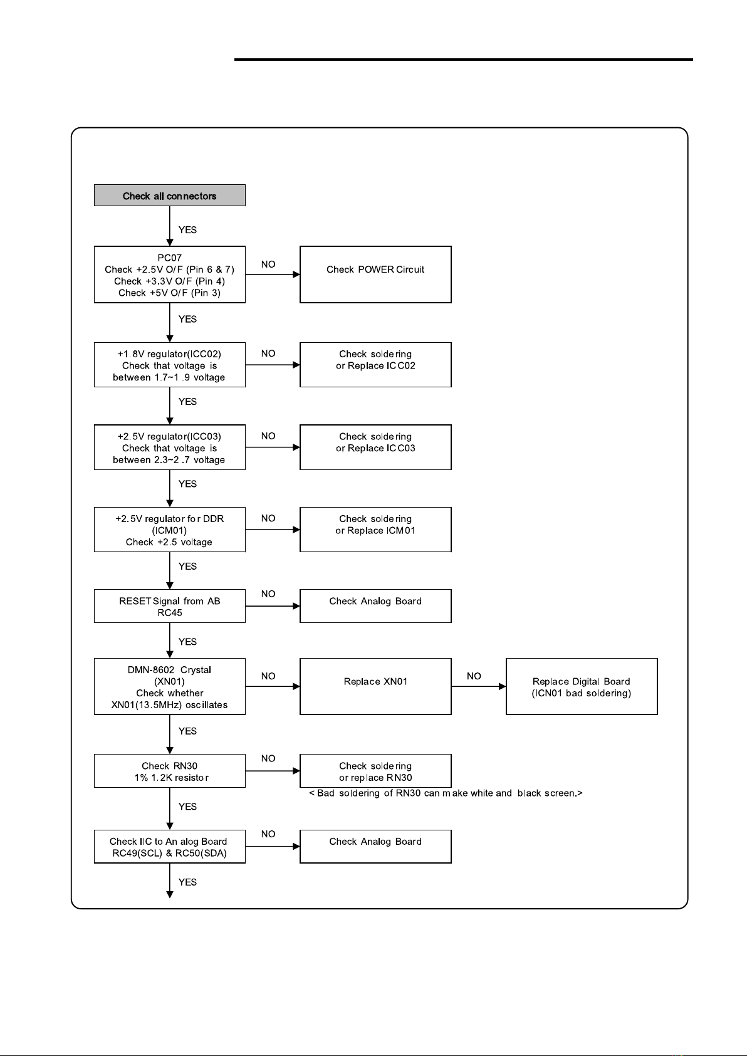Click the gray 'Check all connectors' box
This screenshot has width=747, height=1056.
(x=170, y=195)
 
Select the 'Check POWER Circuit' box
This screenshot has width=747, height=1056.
(x=375, y=274)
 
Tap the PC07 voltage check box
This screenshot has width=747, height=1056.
(x=170, y=274)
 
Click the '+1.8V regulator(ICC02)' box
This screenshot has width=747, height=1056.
(x=170, y=365)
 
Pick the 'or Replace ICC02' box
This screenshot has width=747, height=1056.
(x=375, y=365)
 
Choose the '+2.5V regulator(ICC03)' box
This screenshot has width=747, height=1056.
(x=170, y=447)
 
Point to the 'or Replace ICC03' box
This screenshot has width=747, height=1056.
(x=375, y=447)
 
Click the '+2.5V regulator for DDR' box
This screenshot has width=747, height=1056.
(x=170, y=530)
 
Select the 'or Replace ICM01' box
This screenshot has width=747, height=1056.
(x=375, y=530)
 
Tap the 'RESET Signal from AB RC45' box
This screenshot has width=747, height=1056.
(x=170, y=606)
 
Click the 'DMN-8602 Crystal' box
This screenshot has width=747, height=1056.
(x=170, y=686)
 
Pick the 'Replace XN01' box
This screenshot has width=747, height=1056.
(x=375, y=686)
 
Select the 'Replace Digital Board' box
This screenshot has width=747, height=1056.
(x=582, y=686)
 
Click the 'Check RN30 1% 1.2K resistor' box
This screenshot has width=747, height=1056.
(x=170, y=771)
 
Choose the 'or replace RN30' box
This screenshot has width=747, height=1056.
(x=375, y=771)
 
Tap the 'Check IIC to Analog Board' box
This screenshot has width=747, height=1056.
(x=170, y=847)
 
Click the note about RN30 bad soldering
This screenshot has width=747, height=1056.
(x=446, y=793)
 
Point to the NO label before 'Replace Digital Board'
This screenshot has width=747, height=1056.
(x=474, y=676)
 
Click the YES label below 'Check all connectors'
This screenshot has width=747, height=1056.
(x=187, y=229)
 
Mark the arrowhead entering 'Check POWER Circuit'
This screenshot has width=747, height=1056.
(x=296, y=274)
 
